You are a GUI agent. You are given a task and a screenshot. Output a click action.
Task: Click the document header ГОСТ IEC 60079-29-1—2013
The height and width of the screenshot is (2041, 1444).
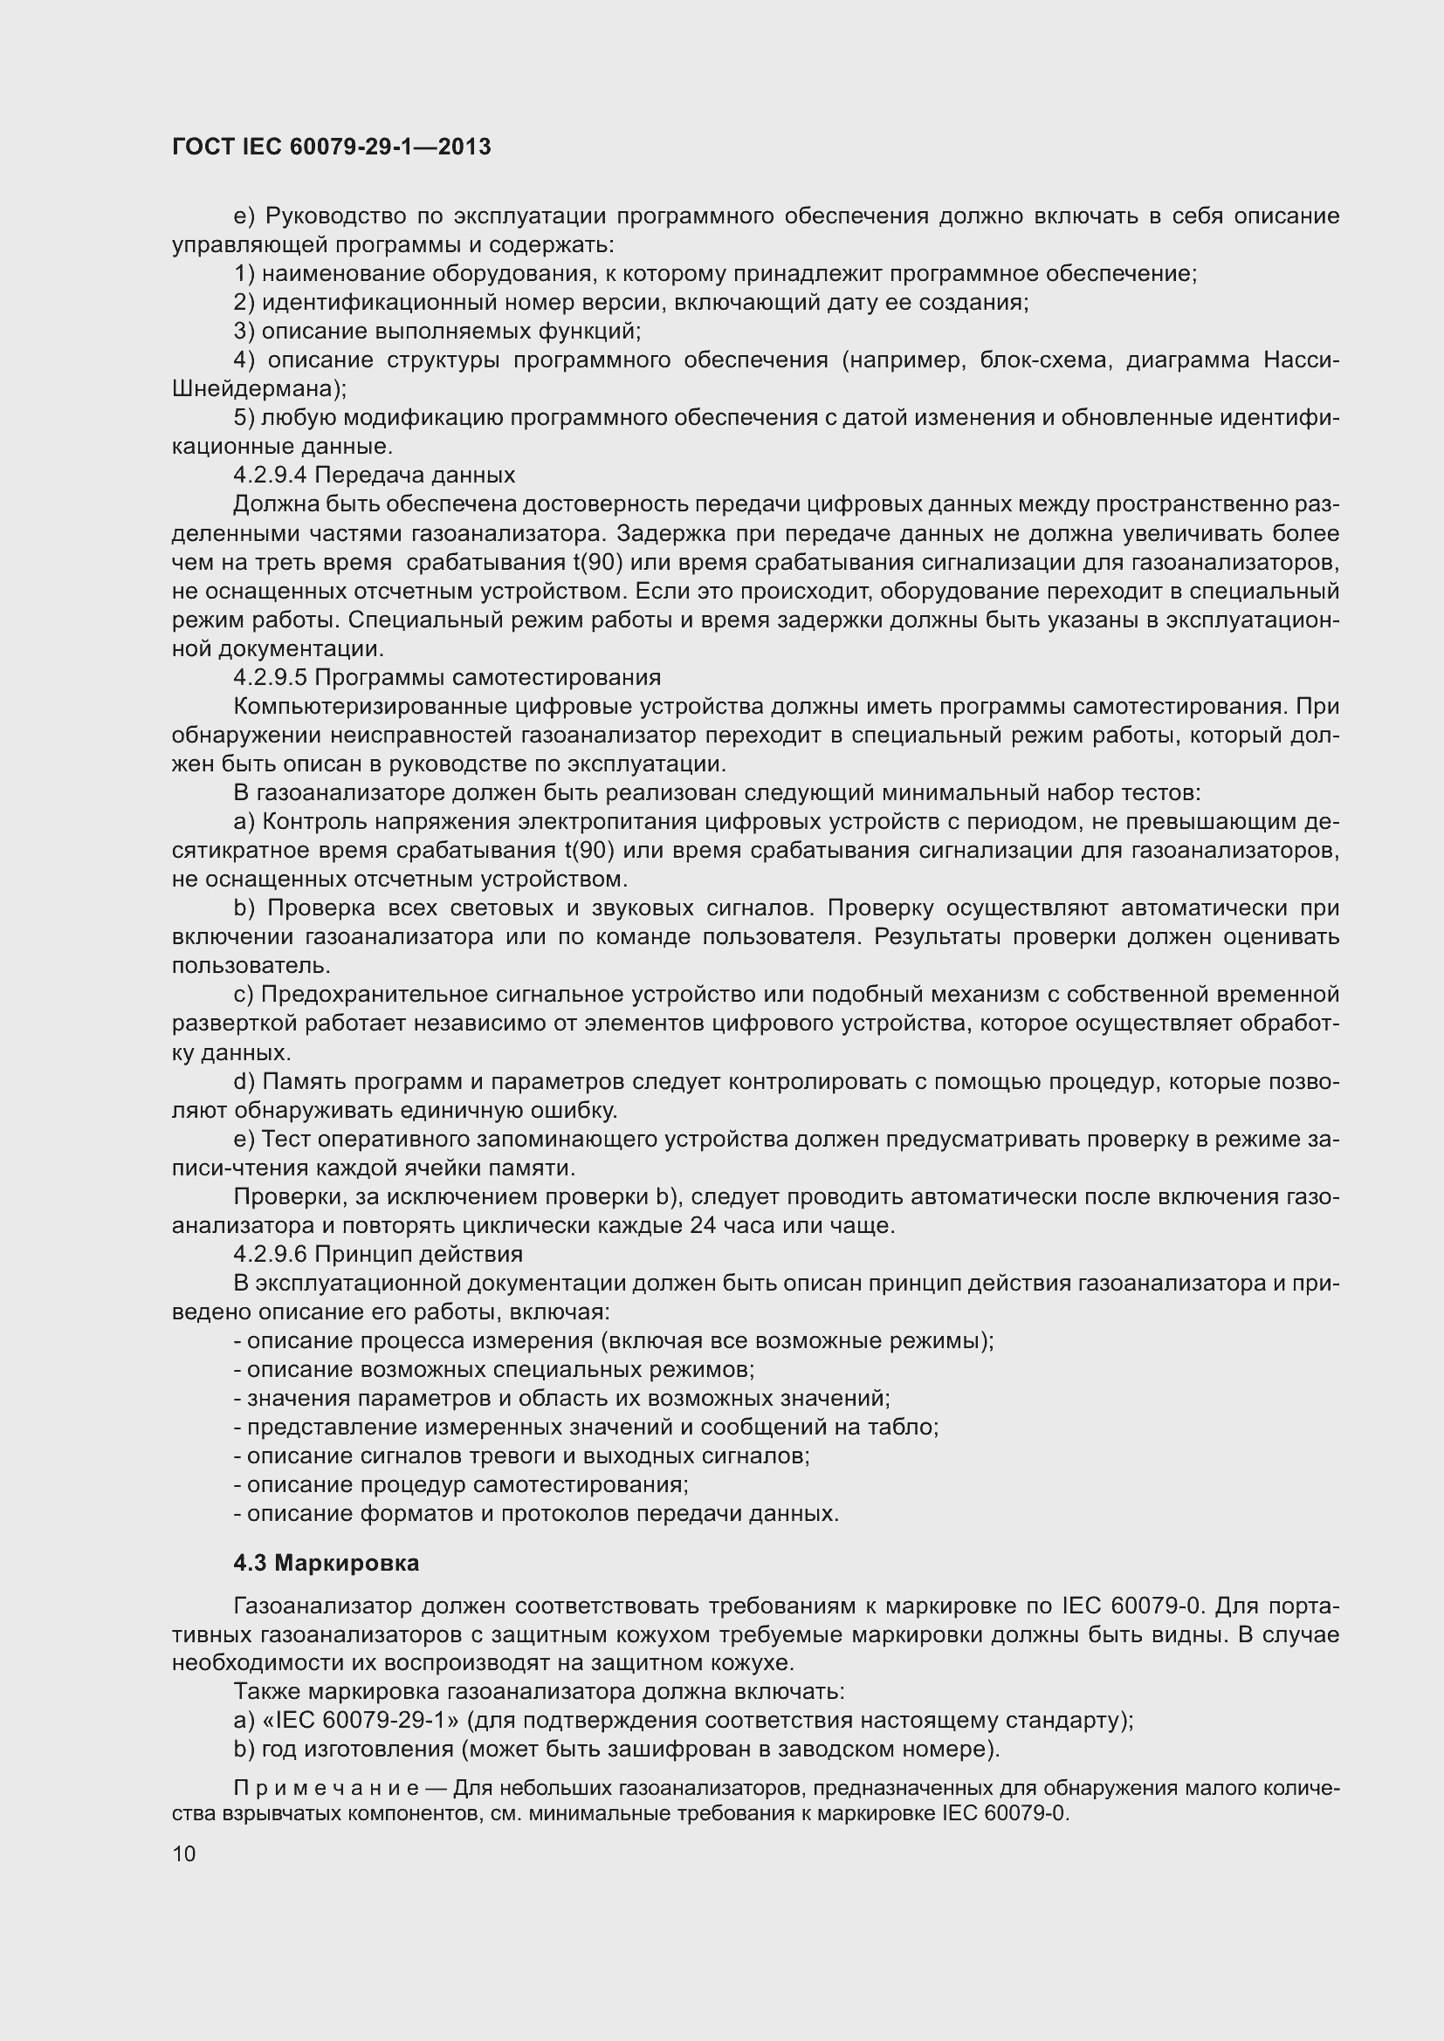(x=331, y=147)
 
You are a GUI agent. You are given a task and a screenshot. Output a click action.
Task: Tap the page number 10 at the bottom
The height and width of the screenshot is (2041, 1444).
(x=184, y=1853)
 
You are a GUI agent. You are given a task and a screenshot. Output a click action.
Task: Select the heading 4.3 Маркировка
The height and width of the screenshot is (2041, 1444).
(x=327, y=1563)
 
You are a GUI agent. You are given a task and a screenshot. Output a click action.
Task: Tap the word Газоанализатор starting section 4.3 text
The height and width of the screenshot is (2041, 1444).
(x=323, y=1606)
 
